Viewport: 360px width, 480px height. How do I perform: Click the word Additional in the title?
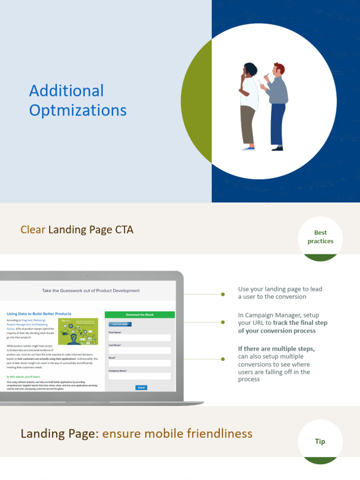[66, 91]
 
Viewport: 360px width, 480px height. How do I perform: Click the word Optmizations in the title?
[78, 111]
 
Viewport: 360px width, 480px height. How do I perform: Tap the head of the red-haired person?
[278, 69]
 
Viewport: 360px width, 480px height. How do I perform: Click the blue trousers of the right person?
[277, 123]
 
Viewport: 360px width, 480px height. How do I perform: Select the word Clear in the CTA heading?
[33, 230]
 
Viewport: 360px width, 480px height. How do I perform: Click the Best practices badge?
[321, 237]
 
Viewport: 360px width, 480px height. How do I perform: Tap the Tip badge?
[320, 442]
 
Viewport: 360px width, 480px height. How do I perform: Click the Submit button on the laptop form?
[141, 388]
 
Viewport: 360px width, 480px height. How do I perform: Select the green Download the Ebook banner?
[140, 315]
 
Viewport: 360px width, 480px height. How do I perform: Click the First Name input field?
[140, 337]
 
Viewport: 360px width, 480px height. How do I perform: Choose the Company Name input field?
[140, 376]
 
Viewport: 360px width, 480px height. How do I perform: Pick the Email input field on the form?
[140, 363]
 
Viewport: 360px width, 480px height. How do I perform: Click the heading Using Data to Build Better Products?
[39, 314]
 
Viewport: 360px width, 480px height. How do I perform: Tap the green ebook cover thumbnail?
[78, 331]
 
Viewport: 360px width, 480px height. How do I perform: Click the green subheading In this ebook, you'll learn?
[23, 377]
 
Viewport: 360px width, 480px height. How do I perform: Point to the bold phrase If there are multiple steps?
[277, 349]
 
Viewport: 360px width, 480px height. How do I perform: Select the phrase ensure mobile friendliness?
[177, 434]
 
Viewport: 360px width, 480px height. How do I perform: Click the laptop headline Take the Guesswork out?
[90, 291]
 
